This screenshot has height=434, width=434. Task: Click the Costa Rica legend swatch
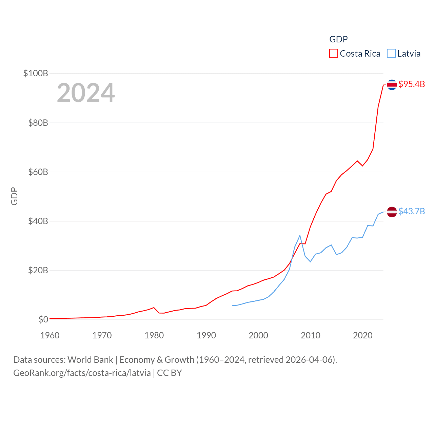click(334, 54)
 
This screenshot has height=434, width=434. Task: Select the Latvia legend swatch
click(391, 54)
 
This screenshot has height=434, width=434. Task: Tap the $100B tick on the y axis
click(36, 73)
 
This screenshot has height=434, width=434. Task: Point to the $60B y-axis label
click(38, 172)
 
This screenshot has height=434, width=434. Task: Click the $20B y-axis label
click(38, 270)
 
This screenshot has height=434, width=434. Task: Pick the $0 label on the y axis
click(43, 319)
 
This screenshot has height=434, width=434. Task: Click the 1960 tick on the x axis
click(50, 335)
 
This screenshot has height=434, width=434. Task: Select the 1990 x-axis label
click(206, 335)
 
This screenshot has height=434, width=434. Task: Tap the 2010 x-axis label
click(311, 335)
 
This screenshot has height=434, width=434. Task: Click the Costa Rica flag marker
click(392, 84)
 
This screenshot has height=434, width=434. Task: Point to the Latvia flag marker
click(392, 212)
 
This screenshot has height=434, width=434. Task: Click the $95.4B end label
click(412, 84)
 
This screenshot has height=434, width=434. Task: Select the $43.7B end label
click(412, 211)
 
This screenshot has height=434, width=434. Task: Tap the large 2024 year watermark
click(86, 93)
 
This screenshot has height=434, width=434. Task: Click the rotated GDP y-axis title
click(14, 196)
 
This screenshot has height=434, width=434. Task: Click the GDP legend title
click(338, 39)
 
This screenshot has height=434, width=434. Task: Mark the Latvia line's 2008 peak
click(300, 235)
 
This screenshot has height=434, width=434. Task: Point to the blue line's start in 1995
click(233, 305)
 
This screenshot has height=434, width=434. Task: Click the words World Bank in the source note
click(90, 359)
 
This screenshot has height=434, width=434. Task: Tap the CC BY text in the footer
click(170, 373)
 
